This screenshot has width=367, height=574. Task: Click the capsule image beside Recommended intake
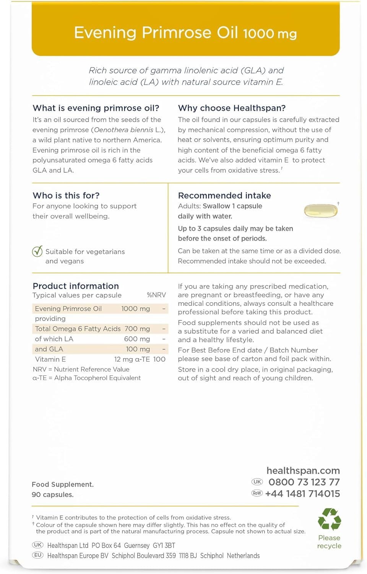321,211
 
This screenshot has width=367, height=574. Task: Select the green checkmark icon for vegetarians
37,251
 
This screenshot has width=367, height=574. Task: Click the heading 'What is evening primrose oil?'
96,108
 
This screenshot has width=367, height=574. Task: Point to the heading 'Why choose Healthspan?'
232,108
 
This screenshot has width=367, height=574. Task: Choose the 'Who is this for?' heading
66,196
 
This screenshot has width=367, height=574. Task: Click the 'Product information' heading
76,286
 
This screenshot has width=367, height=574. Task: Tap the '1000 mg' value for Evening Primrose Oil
135,308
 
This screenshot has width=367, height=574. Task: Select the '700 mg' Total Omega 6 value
137,329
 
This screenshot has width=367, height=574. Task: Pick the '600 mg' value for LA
137,339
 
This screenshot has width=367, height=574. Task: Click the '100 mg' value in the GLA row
138,349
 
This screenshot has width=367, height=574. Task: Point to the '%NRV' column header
156,295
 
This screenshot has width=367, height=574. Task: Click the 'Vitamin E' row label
50,359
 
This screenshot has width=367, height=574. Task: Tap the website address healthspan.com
303,471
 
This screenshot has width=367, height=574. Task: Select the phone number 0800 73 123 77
304,482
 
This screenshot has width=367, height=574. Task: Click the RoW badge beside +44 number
257,493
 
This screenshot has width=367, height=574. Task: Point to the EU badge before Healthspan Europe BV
38,555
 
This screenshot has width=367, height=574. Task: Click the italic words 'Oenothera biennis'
123,130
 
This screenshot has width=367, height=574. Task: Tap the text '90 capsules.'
53,494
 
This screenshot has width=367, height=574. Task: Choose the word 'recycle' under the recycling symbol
329,546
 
